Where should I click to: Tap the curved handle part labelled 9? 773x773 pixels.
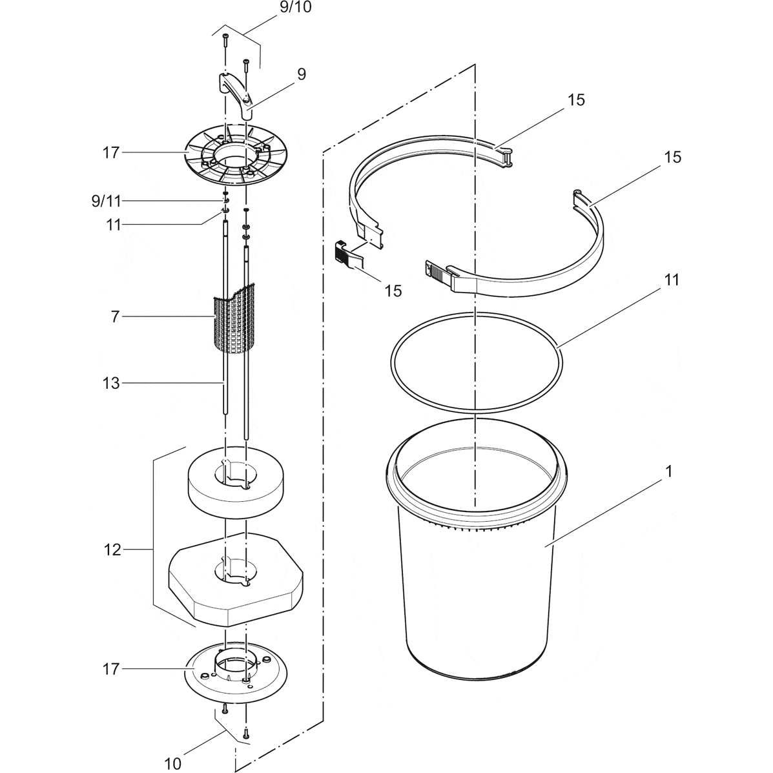point(235,94)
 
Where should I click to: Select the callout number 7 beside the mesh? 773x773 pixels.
point(115,316)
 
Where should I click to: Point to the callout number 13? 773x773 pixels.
point(111,384)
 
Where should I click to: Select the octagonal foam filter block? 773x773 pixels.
point(236,578)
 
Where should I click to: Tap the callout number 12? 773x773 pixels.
point(112,550)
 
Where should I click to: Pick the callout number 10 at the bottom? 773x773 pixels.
point(173,763)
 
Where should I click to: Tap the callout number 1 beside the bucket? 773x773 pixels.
point(669,471)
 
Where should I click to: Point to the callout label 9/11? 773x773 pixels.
point(105,201)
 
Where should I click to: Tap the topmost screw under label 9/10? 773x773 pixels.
point(225,40)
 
